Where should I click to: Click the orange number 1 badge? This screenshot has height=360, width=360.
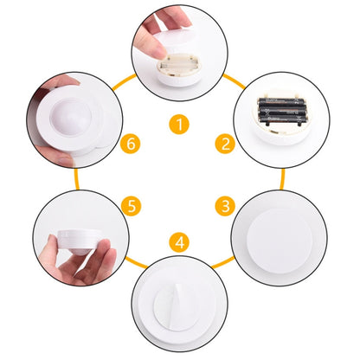click(x=179, y=125)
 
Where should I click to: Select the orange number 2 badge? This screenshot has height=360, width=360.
click(x=225, y=143)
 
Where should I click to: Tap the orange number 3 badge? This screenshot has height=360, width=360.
click(x=225, y=206)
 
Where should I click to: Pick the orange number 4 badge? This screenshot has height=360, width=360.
click(x=179, y=240)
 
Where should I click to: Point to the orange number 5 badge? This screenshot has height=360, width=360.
click(x=132, y=207)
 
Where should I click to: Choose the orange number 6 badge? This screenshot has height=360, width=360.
click(x=132, y=143)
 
